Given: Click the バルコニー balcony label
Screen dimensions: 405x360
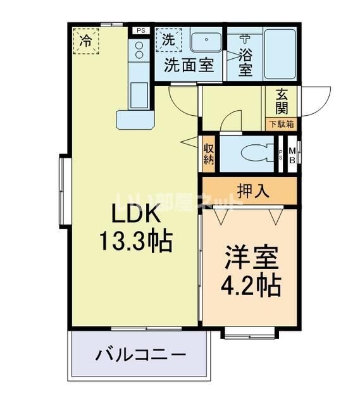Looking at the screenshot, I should tap(140, 354).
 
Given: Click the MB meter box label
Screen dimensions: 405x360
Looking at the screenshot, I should tap(292, 155).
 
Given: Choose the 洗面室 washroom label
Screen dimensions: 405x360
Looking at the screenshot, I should tap(189, 65).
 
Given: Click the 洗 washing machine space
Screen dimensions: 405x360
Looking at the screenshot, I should tap(168, 40).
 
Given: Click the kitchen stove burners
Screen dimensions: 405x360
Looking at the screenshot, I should tap(138, 51).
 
